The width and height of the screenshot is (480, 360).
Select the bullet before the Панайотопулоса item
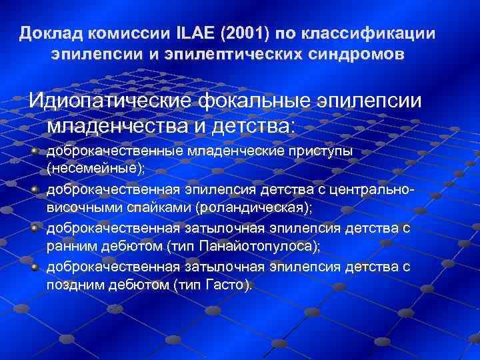pyautogui.click(x=35, y=228)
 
